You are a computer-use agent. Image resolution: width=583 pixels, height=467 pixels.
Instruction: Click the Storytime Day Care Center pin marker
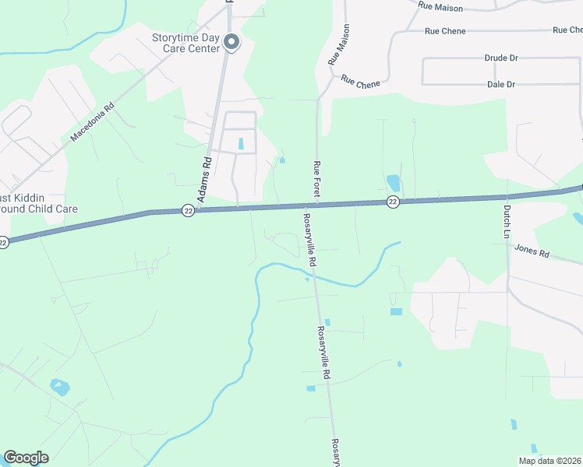click(231, 41)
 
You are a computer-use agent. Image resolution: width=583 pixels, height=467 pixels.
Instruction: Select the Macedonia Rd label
click(92, 122)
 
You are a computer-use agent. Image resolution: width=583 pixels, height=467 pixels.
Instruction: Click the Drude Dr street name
click(501, 58)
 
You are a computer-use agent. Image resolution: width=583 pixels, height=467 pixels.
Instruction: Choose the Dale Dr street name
click(501, 84)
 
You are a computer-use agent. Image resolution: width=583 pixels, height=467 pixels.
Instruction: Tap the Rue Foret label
click(317, 178)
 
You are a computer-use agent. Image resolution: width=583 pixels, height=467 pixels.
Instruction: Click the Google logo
click(26, 458)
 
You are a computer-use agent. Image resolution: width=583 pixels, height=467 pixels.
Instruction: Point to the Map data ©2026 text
click(549, 461)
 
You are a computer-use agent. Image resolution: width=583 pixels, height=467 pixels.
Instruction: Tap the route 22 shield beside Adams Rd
click(188, 210)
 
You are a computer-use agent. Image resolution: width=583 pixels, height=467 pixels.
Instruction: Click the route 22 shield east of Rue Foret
click(393, 202)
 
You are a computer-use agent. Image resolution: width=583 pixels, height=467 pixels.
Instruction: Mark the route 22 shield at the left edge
click(4, 242)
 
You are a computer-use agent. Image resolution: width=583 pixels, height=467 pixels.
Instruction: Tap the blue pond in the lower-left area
click(59, 386)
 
